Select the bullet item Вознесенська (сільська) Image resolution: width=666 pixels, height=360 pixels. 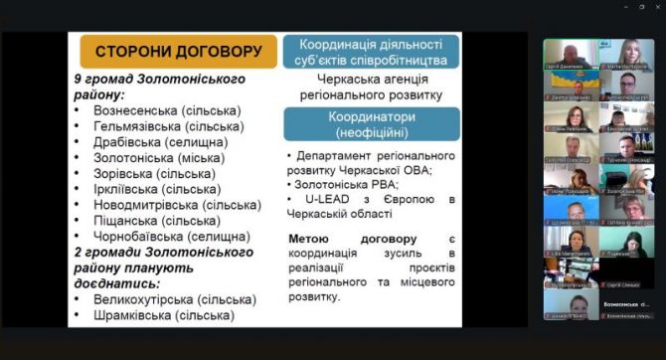(x=163, y=110)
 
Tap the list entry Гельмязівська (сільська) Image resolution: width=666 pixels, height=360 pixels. (x=168, y=126)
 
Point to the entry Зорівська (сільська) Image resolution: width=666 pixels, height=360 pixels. (x=154, y=173)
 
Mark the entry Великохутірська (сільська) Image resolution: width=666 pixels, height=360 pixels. (x=174, y=298)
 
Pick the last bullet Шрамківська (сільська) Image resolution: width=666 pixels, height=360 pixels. (x=163, y=314)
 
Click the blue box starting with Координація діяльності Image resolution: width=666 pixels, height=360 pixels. (x=371, y=51)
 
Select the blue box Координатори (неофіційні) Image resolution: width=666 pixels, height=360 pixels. (x=371, y=123)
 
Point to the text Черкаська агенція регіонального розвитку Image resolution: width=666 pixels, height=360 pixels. (x=371, y=87)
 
